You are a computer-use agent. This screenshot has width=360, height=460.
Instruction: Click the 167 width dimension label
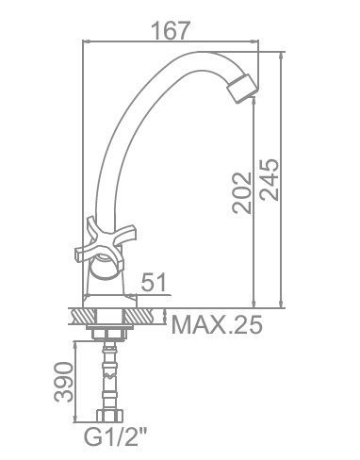tap(171, 30)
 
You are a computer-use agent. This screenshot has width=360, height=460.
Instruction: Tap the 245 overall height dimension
tap(270, 180)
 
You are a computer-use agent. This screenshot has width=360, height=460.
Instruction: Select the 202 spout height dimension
tap(242, 193)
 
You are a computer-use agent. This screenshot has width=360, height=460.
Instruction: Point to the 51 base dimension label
tap(154, 282)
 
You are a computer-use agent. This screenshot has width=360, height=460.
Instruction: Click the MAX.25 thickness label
tap(217, 324)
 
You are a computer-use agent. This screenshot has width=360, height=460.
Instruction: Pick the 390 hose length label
tap(63, 382)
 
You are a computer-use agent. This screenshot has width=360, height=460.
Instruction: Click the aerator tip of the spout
tap(242, 89)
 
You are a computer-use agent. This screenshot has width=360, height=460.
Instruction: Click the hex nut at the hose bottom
tap(109, 415)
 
